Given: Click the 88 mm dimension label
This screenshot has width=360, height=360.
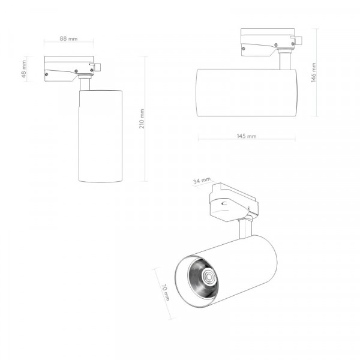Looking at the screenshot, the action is point(68,38).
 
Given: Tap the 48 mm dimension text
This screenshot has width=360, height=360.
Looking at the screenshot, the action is point(24,69).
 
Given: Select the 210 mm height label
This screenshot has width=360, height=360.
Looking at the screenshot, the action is point(142,119).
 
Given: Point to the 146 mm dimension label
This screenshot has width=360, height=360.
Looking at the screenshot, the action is point(314,73).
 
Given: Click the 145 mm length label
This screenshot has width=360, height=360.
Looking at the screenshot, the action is point(247,136).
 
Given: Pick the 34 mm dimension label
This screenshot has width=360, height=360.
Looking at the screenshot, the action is point(202,181).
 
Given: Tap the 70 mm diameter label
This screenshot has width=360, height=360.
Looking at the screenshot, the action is point(166,293).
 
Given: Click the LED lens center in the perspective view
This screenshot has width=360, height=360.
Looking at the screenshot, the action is point(209,277).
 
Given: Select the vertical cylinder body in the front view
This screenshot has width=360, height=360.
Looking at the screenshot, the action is point(100,136).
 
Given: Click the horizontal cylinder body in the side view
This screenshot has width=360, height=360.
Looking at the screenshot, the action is point(247,93).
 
